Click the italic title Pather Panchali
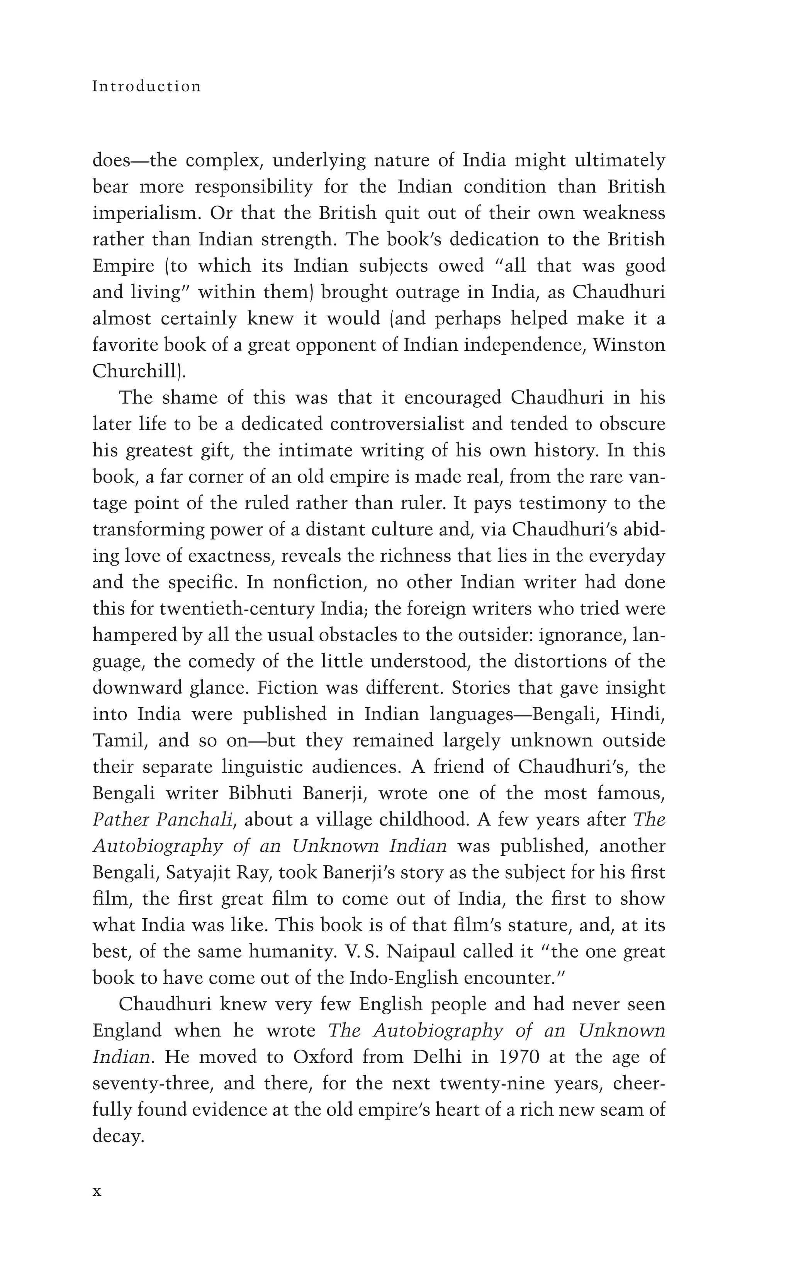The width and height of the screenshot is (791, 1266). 162,820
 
